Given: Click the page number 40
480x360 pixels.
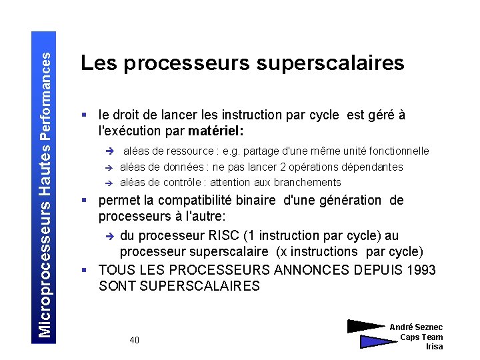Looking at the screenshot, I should click(x=135, y=340).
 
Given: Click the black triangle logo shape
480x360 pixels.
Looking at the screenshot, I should click(x=365, y=326).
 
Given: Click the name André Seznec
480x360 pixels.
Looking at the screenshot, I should click(x=416, y=327).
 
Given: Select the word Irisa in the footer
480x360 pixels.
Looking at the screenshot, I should click(x=434, y=347).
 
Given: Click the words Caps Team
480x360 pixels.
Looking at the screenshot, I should click(x=421, y=337).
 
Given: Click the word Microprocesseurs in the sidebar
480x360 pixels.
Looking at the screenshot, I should click(x=45, y=279).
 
